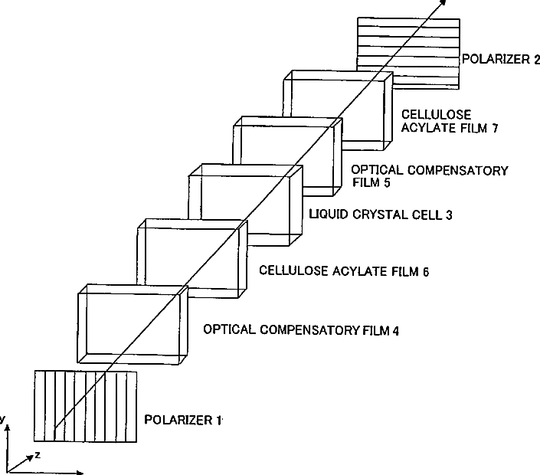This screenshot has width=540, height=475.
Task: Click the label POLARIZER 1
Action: (x=183, y=420)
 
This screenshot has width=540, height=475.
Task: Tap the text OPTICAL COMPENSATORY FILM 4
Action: (x=301, y=330)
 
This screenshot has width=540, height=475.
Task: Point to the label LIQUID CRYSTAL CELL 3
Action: (x=381, y=215)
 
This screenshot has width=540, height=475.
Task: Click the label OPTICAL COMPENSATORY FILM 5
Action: (x=429, y=176)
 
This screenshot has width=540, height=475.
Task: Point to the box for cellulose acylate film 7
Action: (x=337, y=107)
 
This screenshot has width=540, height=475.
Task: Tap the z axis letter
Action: (x=38, y=455)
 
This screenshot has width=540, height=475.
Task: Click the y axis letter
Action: (x=3, y=419)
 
